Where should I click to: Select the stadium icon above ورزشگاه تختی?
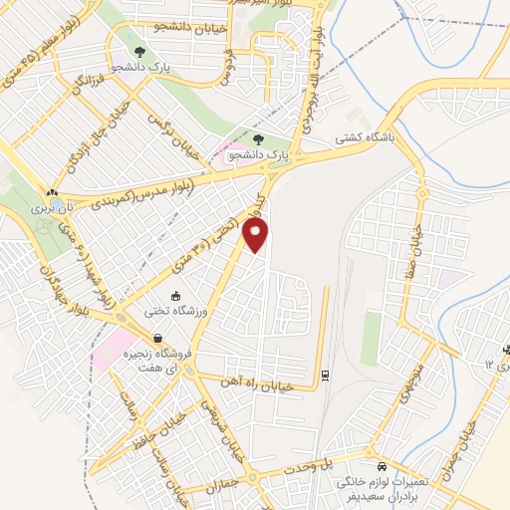[x=177, y=296]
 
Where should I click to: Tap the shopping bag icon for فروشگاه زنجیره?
[x=158, y=339]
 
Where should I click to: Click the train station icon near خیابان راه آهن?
[x=325, y=375]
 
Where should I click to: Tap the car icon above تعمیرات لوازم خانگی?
[x=382, y=466]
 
